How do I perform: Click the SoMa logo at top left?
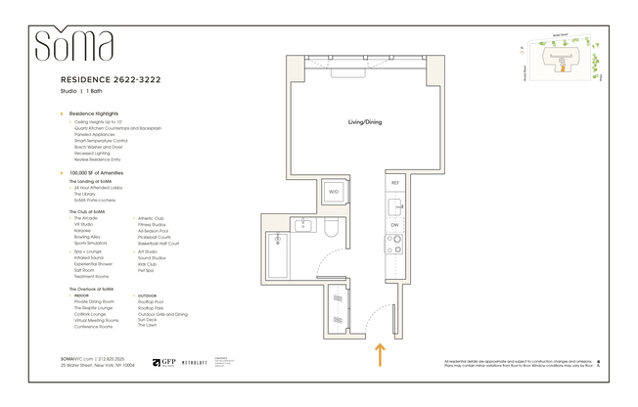73,45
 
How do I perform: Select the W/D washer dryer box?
334,192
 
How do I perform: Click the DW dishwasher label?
395,226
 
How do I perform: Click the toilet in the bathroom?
332,232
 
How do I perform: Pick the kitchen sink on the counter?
394,206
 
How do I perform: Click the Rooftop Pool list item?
150,302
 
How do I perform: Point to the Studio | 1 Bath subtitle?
82,90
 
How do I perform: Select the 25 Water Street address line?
95,366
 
